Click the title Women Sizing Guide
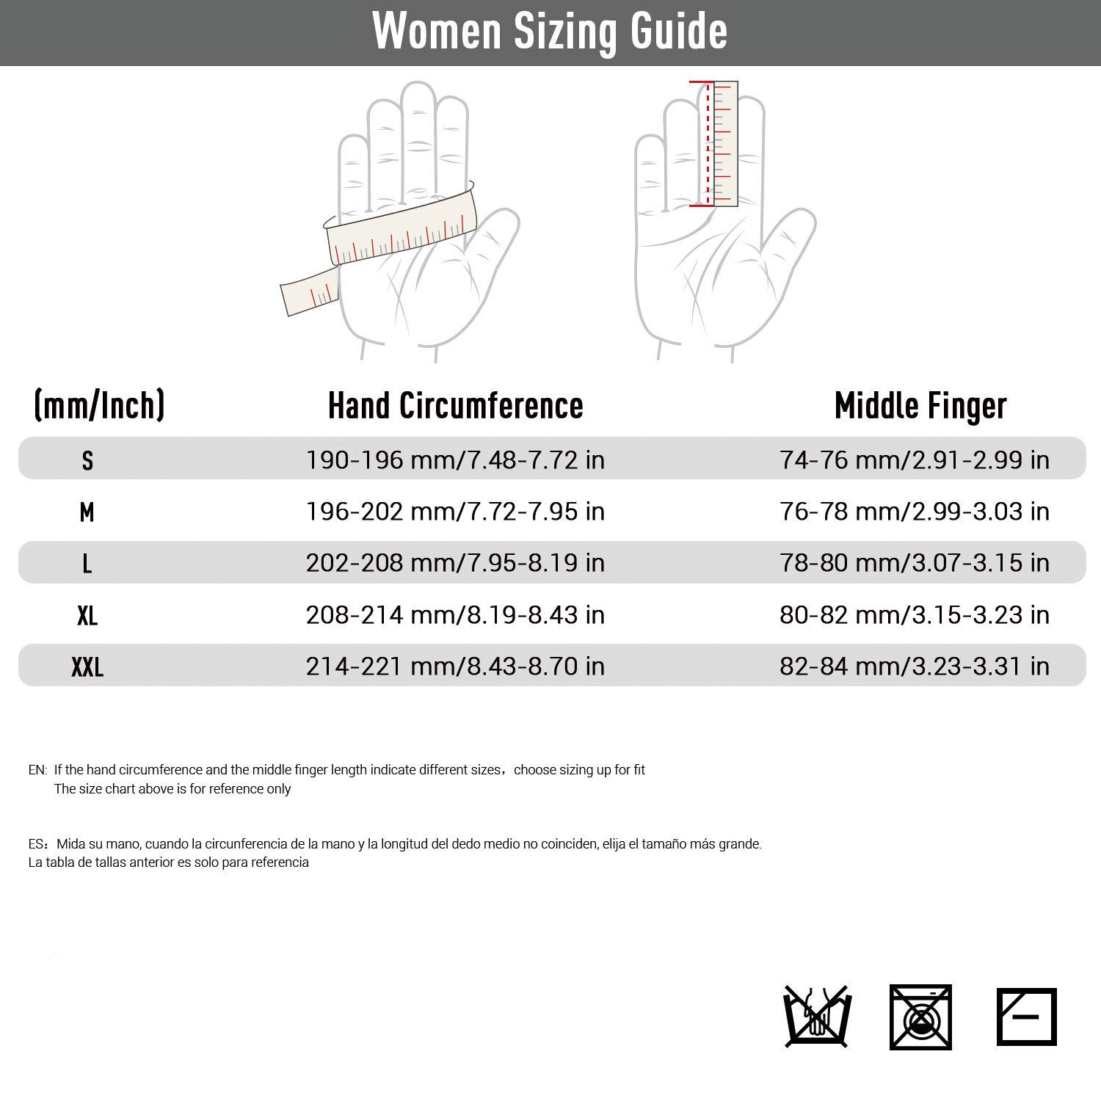[550, 32]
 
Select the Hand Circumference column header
[455, 405]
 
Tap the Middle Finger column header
[920, 405]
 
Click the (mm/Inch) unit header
[99, 405]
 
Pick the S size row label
[87, 460]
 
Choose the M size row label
[87, 512]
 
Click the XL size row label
[87, 615]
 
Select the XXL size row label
[87, 666]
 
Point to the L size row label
[87, 563]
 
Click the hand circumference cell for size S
[455, 460]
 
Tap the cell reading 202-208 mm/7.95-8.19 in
[455, 563]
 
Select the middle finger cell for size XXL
[915, 666]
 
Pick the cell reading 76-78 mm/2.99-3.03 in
[915, 512]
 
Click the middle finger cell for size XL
[915, 615]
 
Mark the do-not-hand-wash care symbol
[815, 1017]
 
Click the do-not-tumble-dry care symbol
[920, 1017]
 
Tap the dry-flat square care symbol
[1026, 1017]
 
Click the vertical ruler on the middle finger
[724, 143]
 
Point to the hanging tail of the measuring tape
[309, 291]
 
